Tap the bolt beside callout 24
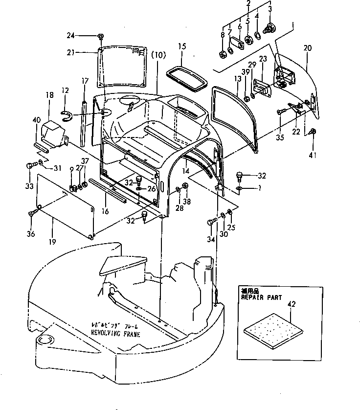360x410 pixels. pos(100,36)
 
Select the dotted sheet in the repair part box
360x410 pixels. pos(273,328)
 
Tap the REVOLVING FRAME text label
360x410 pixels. pos(115,334)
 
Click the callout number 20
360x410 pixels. pos(307,48)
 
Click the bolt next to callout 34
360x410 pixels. pos(211,223)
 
